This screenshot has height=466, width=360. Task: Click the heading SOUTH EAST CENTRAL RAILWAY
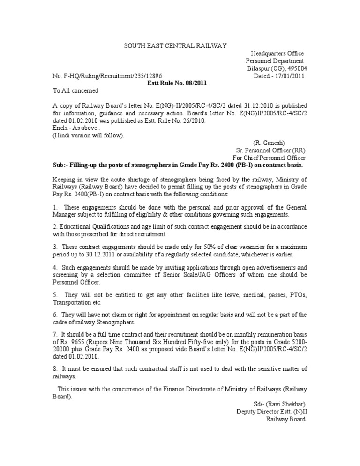[175, 45]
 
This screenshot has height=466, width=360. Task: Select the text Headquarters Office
[277, 53]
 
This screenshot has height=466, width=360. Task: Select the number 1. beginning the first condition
[55, 207]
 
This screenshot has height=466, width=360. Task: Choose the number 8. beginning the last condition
[55, 368]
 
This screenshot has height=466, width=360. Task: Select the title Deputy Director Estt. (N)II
[271, 412]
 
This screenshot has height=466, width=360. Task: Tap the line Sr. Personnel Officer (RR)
[270, 150]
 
